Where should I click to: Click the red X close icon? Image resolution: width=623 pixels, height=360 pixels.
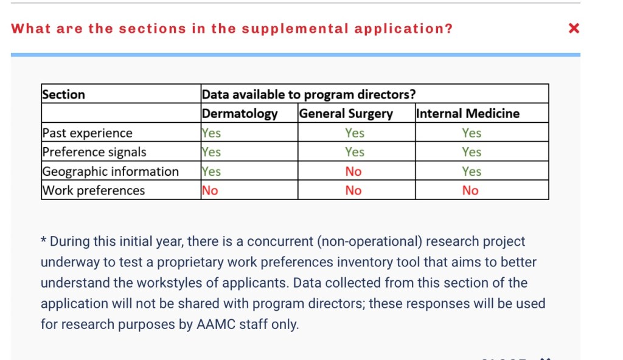573,29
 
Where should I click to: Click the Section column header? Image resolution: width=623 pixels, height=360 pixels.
63,94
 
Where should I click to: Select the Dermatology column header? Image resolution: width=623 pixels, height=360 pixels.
240,114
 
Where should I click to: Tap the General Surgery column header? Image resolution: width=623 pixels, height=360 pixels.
346,114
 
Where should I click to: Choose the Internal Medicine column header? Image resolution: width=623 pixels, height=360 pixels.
468,114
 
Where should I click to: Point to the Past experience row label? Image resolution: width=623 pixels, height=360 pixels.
87,133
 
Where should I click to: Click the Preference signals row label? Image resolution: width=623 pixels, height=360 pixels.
94,152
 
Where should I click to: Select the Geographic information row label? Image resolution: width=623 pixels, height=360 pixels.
110,171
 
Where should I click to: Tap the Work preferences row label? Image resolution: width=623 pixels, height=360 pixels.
93,190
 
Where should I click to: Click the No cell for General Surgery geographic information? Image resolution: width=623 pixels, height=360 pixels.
353,171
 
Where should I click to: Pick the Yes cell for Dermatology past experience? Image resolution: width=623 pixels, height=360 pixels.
211,133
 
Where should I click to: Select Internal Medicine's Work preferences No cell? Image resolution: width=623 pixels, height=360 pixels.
470,190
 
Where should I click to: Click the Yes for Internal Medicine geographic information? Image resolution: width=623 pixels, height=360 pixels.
472,171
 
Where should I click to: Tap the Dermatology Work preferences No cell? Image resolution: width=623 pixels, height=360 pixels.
210,190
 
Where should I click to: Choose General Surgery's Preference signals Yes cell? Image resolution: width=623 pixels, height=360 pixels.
355,152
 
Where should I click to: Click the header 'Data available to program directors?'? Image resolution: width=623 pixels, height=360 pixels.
309,94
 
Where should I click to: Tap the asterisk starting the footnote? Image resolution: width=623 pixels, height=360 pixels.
44,241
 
